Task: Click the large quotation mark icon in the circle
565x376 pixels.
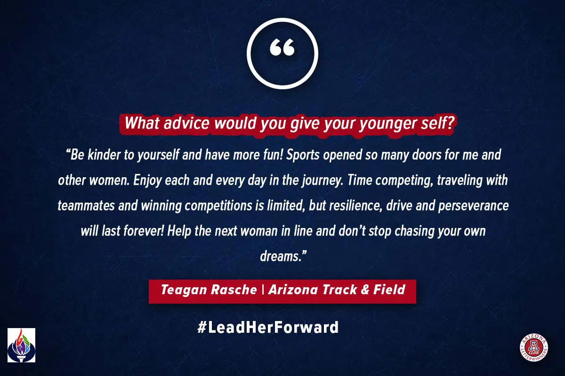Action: point(282,47)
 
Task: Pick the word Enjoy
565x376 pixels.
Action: point(147,181)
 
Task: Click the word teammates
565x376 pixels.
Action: point(86,206)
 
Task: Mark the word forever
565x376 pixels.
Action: point(144,231)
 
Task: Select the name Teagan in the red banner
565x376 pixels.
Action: point(183,290)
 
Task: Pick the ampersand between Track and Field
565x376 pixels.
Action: point(365,290)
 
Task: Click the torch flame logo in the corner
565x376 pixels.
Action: point(22,345)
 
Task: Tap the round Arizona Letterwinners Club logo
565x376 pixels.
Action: point(534,347)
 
